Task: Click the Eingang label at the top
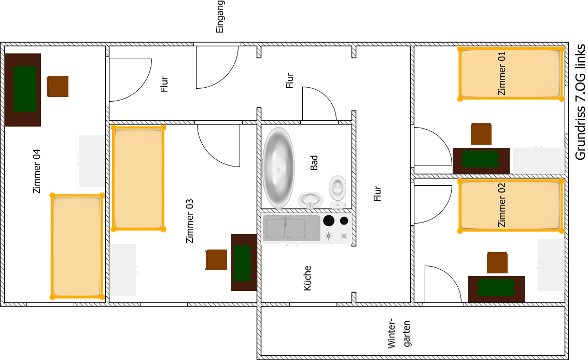coord(220,17)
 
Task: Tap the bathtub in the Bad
coord(278,168)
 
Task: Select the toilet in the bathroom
coord(338,191)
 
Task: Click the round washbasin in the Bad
coord(311,200)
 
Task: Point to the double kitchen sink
coord(291,228)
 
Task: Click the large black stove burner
coord(329,220)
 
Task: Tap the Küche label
coord(307,278)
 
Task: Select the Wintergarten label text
coord(399,334)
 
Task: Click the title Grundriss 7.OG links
coord(580,102)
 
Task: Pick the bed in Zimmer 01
coord(511,74)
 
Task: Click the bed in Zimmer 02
coord(511,205)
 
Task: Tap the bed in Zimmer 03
coord(139,178)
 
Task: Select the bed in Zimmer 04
coord(77,246)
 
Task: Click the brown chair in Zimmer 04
coord(58,87)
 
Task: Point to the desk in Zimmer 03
coord(244,262)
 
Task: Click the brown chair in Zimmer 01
coord(481,134)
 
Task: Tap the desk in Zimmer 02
coord(497,289)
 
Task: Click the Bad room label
coord(314,163)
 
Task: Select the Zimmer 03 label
coord(190,221)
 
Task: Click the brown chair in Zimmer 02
coord(497,262)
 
